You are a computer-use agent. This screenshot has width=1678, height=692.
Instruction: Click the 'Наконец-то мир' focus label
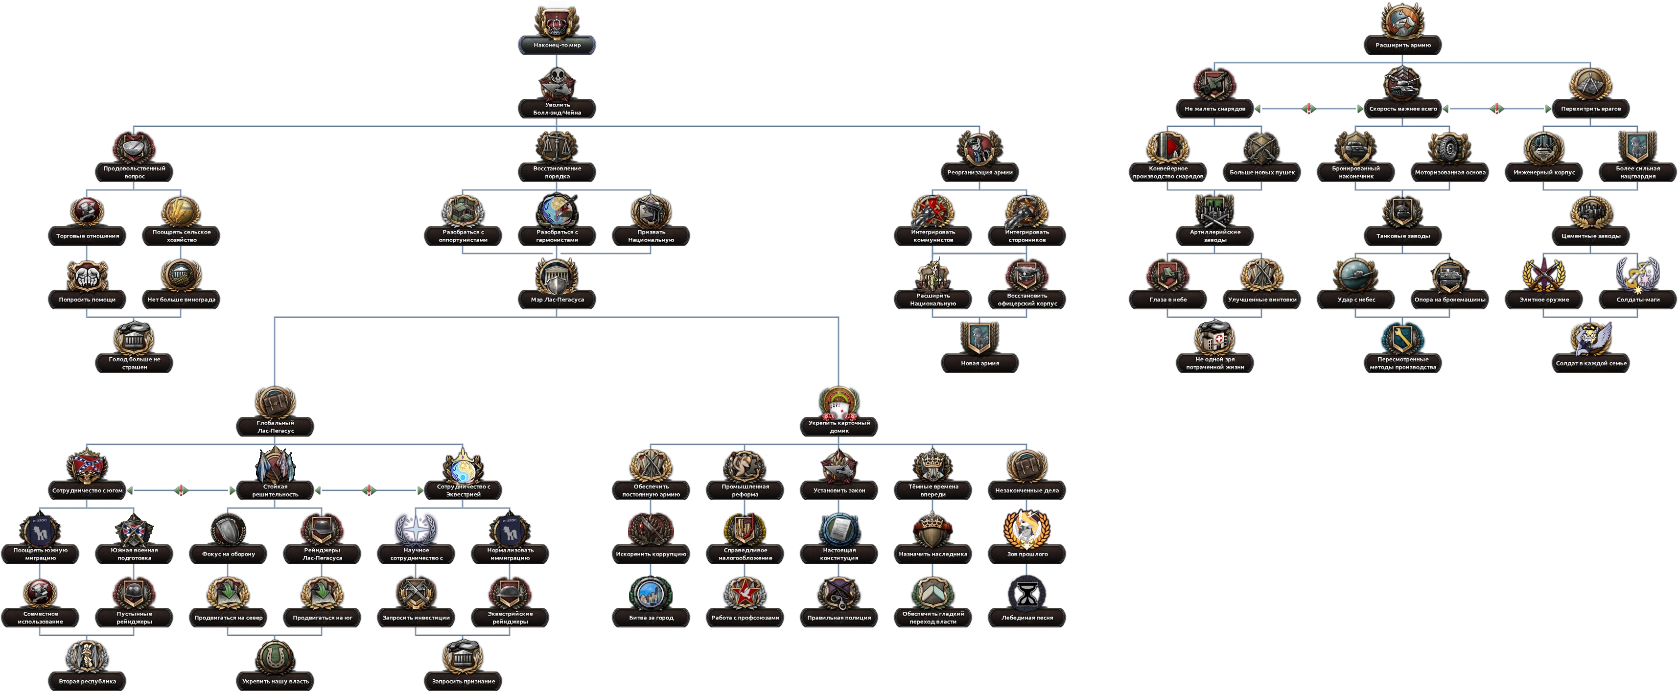[557, 45]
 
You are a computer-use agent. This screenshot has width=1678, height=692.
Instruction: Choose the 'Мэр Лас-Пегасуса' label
[557, 300]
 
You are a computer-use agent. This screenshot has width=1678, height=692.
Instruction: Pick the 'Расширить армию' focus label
[1402, 45]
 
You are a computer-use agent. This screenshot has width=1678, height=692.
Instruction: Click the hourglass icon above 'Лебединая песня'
[1027, 593]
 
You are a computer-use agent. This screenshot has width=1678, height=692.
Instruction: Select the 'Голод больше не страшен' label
[134, 363]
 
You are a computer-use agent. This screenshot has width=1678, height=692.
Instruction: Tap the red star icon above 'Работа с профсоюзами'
[745, 593]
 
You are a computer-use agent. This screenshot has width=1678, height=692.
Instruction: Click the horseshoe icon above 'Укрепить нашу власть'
[275, 657]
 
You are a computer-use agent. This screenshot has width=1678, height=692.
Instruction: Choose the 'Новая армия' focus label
[979, 363]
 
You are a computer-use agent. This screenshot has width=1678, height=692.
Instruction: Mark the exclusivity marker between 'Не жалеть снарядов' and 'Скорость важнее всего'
[1308, 108]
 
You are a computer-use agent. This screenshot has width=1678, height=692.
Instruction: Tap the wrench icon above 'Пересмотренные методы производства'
[1402, 337]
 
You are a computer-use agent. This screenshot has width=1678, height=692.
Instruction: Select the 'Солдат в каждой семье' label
[1591, 363]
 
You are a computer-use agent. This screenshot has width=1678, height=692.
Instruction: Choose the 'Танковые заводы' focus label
[1402, 236]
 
